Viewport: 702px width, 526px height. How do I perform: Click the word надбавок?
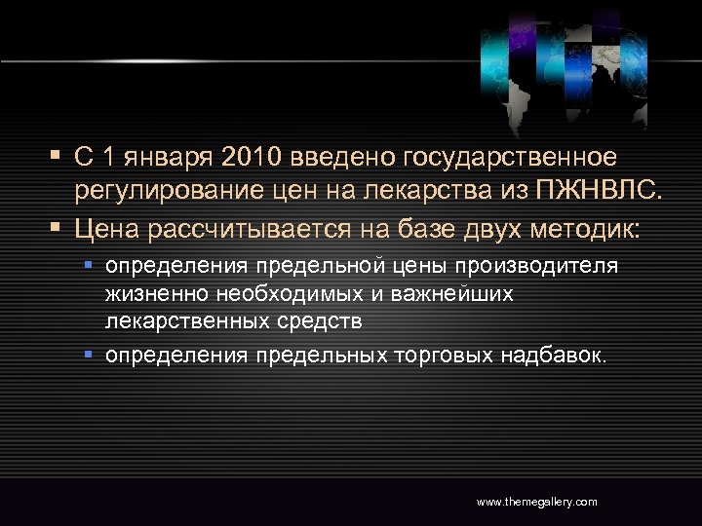coord(553,356)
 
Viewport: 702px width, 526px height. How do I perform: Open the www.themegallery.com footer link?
coord(536,502)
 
